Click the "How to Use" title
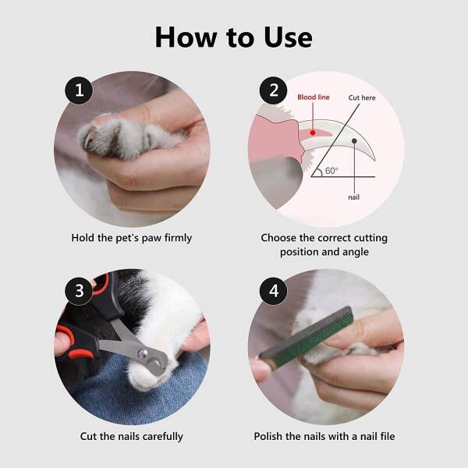tap(234, 37)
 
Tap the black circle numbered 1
tap(79, 90)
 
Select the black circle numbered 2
tap(274, 90)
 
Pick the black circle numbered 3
tap(79, 291)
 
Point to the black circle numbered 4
tap(274, 291)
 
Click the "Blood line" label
tap(314, 97)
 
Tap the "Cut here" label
tap(362, 98)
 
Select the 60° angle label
tap(331, 171)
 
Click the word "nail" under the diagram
tap(353, 197)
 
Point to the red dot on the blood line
tap(313, 133)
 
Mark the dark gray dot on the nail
tap(354, 141)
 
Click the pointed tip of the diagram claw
tap(374, 160)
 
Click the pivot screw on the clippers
tap(143, 354)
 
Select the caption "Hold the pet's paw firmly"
tap(132, 238)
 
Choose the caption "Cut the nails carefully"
tap(132, 436)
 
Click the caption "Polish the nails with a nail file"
tap(324, 436)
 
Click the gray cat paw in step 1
tap(129, 137)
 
